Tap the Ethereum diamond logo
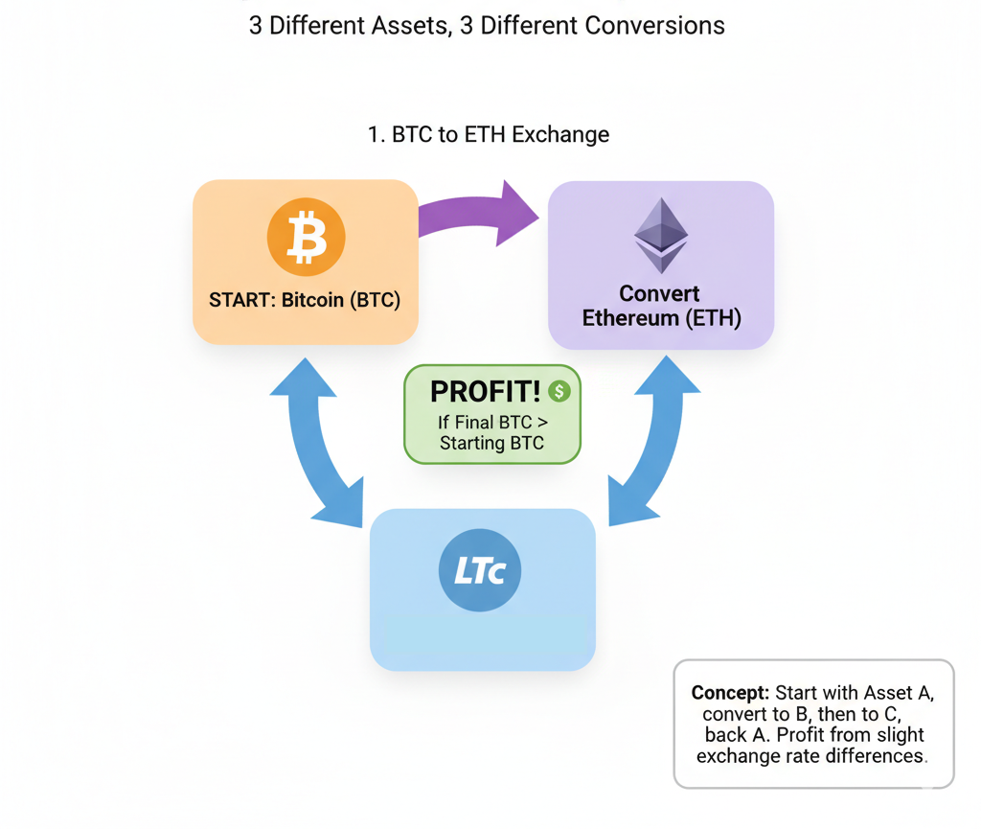(x=661, y=236)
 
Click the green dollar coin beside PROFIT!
(x=559, y=390)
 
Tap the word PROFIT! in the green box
(x=485, y=391)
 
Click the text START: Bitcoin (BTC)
(x=305, y=300)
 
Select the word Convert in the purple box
(x=660, y=293)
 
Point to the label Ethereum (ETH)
(x=661, y=318)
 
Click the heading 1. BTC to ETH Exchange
(x=489, y=134)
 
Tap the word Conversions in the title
(x=650, y=26)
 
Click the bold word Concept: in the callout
(x=730, y=693)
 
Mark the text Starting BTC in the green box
(x=491, y=443)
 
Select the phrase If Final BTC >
(x=491, y=422)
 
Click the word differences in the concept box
(x=878, y=756)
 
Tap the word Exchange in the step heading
(x=560, y=134)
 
